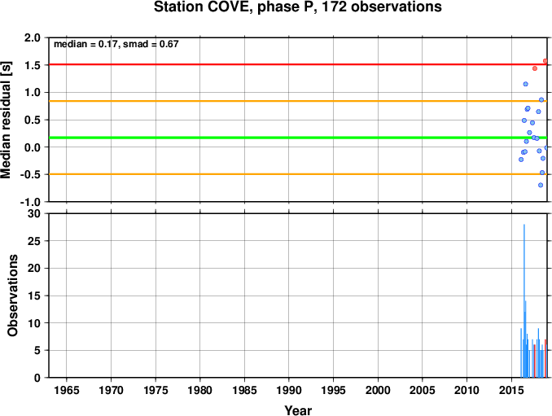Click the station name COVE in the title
click(229, 7)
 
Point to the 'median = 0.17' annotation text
click(85, 44)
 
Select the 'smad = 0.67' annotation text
click(151, 44)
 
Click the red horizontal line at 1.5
click(298, 64)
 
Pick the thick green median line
click(298, 138)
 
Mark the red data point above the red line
click(545, 61)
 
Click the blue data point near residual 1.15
click(526, 84)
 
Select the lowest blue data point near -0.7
click(541, 185)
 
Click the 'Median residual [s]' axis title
click(6, 120)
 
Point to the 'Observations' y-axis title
click(13, 296)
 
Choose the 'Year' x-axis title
click(298, 410)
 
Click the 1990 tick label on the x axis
click(289, 390)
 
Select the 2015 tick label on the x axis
click(511, 390)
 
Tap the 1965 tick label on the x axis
click(67, 390)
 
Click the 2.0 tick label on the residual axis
click(33, 37)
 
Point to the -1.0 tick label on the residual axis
click(30, 203)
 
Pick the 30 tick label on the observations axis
click(34, 213)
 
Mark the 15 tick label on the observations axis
click(34, 296)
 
